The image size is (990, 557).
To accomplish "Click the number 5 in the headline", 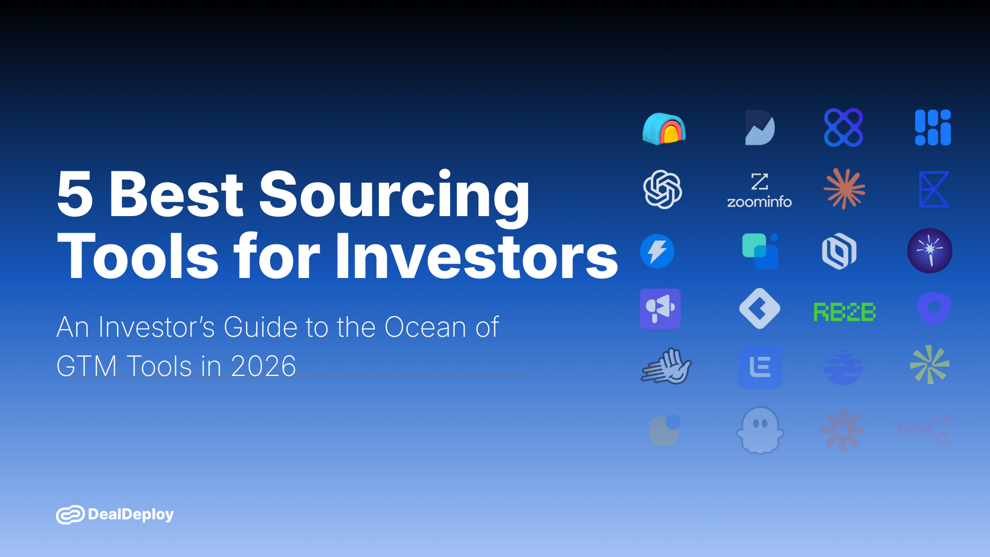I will tap(75, 194).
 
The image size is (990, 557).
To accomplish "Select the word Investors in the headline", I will tap(476, 257).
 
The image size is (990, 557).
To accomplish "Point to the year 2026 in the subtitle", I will tap(263, 366).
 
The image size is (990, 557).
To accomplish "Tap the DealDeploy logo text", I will tap(131, 514).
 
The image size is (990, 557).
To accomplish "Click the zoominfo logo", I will tap(759, 190).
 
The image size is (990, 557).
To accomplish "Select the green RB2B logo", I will tap(844, 312).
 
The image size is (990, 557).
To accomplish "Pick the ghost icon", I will tap(760, 430).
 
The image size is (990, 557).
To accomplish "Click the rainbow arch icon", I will tap(664, 128).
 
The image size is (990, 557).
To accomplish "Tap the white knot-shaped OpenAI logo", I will tap(663, 189).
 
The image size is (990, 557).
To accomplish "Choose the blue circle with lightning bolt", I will tap(657, 251).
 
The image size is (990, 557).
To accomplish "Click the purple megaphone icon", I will tap(660, 308).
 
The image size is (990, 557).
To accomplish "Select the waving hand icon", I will tap(666, 366).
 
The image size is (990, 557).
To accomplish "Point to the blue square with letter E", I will tap(760, 367).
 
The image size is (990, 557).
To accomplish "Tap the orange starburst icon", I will tap(844, 189).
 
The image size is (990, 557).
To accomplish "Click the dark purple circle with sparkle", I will tap(930, 251).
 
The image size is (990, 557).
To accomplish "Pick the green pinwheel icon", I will tap(929, 365).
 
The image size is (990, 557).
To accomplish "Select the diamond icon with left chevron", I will tap(760, 308).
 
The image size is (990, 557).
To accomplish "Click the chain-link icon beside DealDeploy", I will tap(70, 515).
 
